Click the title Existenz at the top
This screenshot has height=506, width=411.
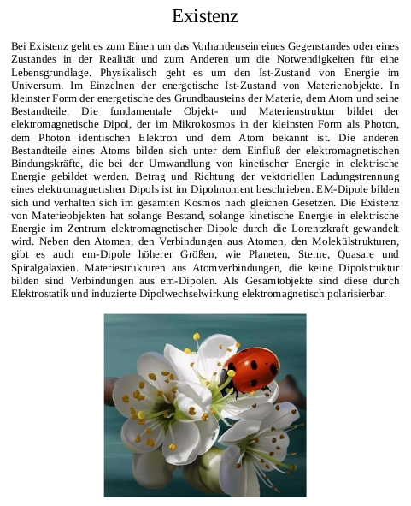(x=205, y=16)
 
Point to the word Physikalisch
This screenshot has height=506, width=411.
(x=126, y=72)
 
